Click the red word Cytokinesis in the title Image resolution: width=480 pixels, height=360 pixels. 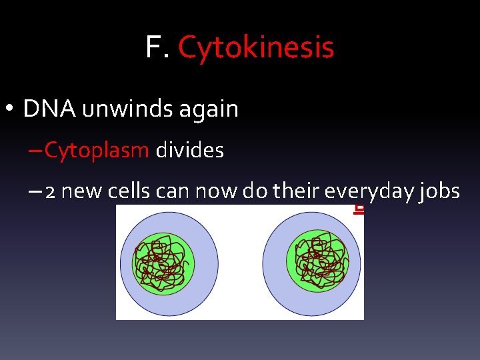click(x=256, y=47)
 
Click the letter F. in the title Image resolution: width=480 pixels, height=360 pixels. click(x=158, y=47)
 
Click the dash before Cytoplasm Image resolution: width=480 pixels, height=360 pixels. click(x=35, y=151)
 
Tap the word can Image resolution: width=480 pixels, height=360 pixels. click(x=173, y=192)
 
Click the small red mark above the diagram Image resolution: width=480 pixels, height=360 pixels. click(x=359, y=209)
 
